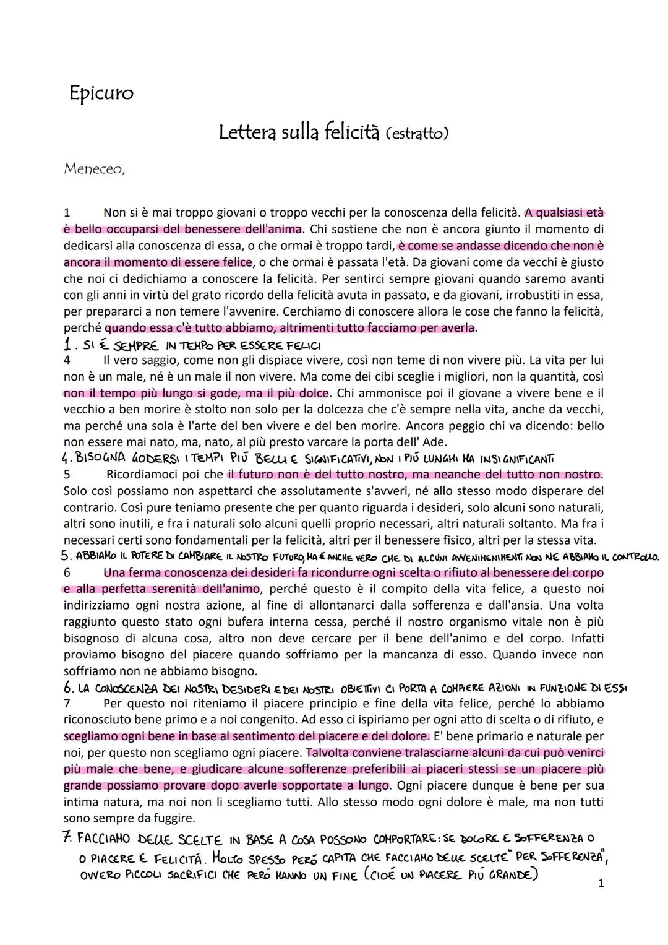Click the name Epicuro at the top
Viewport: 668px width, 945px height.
101,93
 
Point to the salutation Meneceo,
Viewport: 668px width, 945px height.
94,169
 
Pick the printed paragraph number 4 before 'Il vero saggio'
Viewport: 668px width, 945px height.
67,360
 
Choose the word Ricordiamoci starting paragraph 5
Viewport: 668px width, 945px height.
145,475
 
